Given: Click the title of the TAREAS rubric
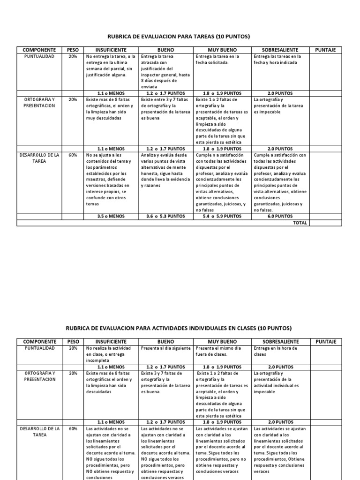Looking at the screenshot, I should pyautogui.click(x=180, y=36).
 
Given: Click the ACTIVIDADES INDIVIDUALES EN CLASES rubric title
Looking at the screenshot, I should pyautogui.click(x=180, y=328).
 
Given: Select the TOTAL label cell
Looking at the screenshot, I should pyautogui.click(x=300, y=223).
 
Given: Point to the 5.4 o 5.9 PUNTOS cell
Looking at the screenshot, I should pyautogui.click(x=223, y=217).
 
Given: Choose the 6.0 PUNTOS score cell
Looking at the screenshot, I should pyautogui.click(x=280, y=217).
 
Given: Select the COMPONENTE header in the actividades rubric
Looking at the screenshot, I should pyautogui.click(x=40, y=342).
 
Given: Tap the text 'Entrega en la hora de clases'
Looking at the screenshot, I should pyautogui.click(x=272, y=351).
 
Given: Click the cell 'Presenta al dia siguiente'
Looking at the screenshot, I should pyautogui.click(x=166, y=348).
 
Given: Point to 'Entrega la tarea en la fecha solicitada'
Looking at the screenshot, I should pyautogui.click(x=217, y=59).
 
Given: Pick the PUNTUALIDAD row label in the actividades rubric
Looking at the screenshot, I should pyautogui.click(x=40, y=348).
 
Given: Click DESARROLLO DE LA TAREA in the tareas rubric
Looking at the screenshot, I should pyautogui.click(x=40, y=158).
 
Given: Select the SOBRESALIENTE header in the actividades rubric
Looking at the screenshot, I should pyautogui.click(x=280, y=342).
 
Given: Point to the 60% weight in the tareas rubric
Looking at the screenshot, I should pyautogui.click(x=73, y=155).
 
